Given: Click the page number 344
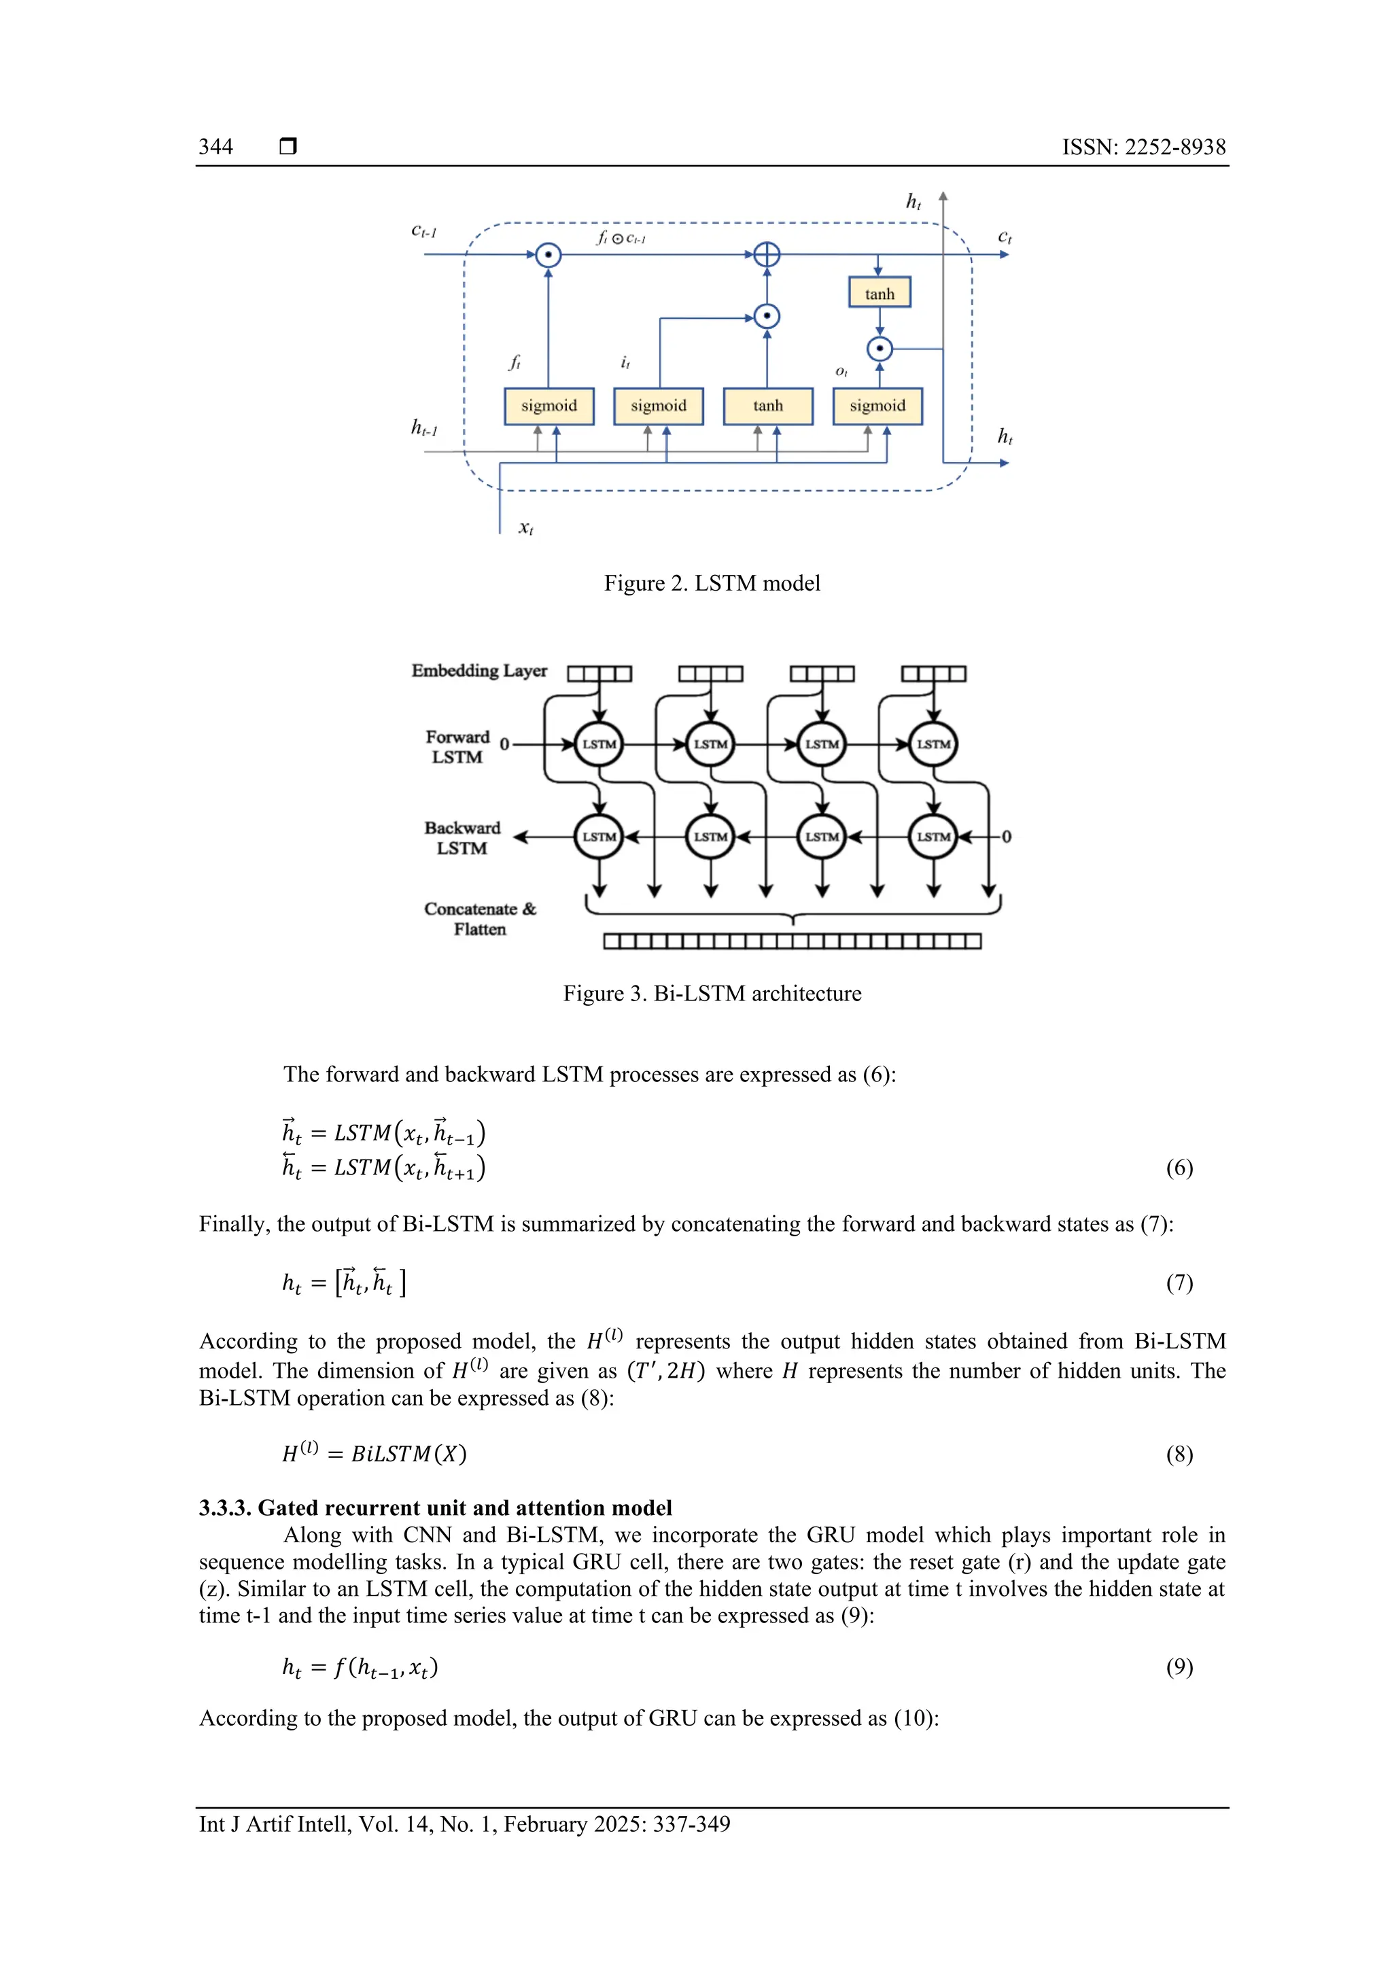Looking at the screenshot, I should [215, 147].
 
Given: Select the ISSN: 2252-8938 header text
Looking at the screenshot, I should [1143, 147].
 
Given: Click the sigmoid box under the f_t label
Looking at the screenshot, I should [549, 406].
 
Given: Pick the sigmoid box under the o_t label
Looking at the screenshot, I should [877, 406].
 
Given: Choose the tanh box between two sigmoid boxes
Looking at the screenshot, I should [767, 406].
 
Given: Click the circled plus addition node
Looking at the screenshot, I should [767, 255].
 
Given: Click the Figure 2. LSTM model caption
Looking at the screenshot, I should [712, 583].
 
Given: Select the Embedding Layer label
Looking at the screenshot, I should [478, 671].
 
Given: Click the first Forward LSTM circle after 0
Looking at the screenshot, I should [599, 744].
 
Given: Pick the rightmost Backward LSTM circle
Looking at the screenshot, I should [933, 836].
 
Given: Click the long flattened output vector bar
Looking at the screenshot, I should [792, 941].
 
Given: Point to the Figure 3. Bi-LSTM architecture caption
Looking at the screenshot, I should [712, 993].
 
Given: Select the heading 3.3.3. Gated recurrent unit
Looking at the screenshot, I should [435, 1508].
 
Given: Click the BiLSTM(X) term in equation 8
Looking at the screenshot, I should [408, 1454].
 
